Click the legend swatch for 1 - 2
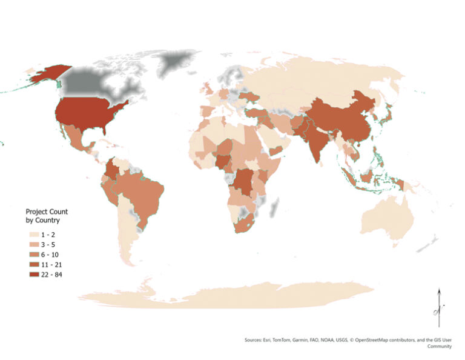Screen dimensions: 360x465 [31, 233]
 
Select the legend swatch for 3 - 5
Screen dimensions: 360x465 [31, 244]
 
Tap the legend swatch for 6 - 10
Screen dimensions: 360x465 [31, 254]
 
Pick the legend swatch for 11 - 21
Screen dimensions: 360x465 [31, 264]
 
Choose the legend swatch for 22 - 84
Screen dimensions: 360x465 [31, 275]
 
